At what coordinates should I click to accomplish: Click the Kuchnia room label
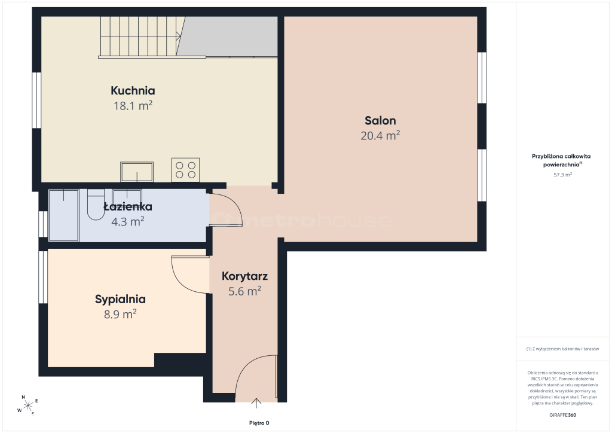tap(133, 90)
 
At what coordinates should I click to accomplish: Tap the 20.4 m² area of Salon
tap(380, 136)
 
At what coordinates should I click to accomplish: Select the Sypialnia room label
tap(120, 300)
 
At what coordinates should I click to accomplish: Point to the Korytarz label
tap(244, 276)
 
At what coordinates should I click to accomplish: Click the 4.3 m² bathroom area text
tap(128, 222)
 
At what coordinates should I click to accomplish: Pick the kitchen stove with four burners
tap(186, 170)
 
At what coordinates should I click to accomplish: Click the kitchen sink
tap(137, 172)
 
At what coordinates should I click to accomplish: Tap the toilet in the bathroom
tap(96, 205)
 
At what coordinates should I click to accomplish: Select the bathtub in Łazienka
tap(63, 215)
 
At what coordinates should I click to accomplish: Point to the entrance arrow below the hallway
tap(256, 403)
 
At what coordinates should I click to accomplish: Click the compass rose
tap(27, 405)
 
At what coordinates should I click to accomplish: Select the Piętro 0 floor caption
tap(259, 423)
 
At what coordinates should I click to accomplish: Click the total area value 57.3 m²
tap(562, 175)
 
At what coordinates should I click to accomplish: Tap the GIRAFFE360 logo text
tap(562, 415)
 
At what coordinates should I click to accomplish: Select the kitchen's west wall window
tap(36, 100)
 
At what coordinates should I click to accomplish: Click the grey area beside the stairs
tap(228, 36)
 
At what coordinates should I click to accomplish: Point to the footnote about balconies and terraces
tap(562, 349)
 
